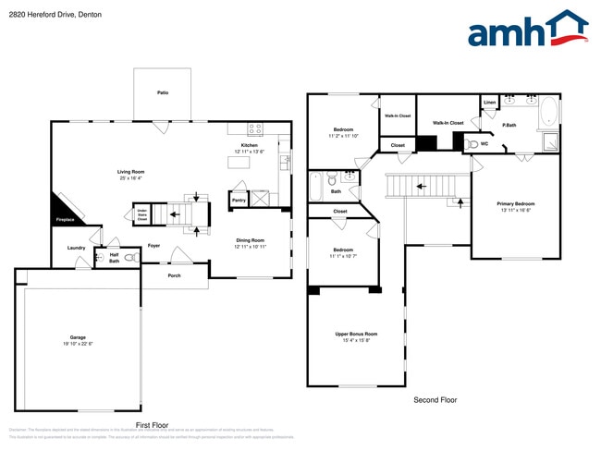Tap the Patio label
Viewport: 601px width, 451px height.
click(163, 92)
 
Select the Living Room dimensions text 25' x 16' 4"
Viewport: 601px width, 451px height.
click(129, 178)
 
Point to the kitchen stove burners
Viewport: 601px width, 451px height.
click(255, 128)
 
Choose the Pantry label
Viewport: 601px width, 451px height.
click(239, 199)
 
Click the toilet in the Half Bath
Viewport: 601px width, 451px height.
click(130, 258)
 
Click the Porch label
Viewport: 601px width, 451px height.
click(174, 274)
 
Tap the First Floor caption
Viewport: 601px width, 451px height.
click(153, 425)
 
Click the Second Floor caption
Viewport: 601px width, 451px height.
click(435, 400)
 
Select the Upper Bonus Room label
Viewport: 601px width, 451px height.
click(356, 334)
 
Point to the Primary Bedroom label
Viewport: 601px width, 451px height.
click(516, 203)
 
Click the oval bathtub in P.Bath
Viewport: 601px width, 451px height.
click(548, 113)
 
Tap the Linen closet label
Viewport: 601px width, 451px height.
click(489, 103)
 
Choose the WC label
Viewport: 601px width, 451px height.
click(484, 143)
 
